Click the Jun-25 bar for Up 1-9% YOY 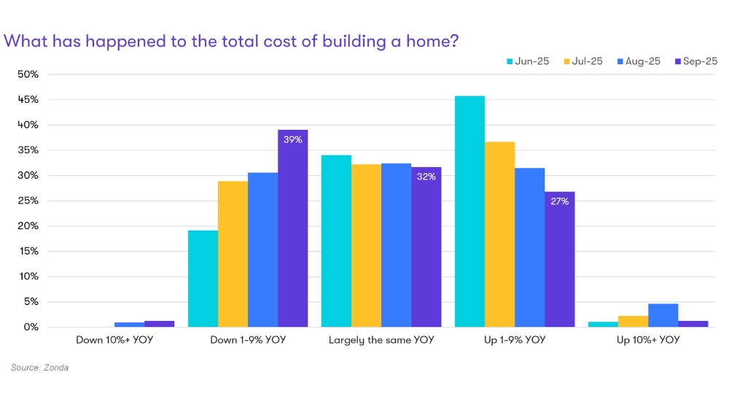469,212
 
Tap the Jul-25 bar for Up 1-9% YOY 499,234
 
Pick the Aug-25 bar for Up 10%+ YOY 663,315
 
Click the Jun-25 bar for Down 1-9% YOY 203,279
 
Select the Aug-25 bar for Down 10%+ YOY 129,325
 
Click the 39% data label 292,139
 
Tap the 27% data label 559,201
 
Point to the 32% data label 426,177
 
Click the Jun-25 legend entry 528,61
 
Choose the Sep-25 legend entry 696,61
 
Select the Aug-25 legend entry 639,61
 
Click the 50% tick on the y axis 28,74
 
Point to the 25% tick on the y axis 28,201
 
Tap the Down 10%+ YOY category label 114,340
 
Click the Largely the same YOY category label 381,340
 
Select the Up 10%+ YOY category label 648,340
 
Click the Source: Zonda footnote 39,368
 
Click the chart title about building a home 231,41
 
